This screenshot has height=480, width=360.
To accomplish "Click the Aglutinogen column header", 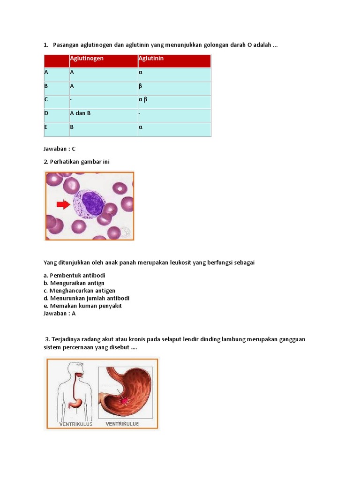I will (x=87, y=59).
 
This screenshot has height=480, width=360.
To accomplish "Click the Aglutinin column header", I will (x=151, y=59).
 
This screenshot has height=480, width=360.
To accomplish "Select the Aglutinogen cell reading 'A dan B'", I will (x=80, y=113).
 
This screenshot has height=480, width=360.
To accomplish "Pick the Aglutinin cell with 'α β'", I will (x=143, y=100).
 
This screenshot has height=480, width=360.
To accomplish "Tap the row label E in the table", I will (x=46, y=127).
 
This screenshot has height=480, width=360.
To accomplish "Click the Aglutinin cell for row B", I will (x=140, y=86).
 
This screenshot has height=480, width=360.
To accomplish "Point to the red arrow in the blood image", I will (x=63, y=204).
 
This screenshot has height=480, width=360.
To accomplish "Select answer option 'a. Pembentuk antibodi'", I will (x=74, y=275).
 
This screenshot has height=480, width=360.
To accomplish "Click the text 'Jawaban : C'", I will (x=60, y=149).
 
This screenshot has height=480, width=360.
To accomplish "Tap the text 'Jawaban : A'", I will (x=60, y=313).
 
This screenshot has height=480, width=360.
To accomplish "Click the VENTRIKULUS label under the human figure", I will (x=75, y=424).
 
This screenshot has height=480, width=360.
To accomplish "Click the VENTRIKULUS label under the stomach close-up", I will (x=122, y=424).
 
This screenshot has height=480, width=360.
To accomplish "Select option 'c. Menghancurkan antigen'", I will (x=79, y=291).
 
